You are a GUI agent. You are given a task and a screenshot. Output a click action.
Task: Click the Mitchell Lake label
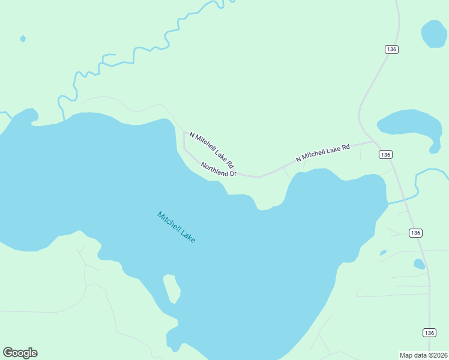coord(176,227)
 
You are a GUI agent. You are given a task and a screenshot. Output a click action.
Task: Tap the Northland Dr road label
coord(218,169)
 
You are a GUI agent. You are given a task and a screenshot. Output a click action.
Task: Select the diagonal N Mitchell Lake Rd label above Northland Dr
coord(211,150)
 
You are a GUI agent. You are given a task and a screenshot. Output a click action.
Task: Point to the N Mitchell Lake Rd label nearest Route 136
coord(322,152)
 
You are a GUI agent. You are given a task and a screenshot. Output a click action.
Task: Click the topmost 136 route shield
coord(392,49)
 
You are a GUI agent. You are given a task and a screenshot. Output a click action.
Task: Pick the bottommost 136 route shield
coord(429,332)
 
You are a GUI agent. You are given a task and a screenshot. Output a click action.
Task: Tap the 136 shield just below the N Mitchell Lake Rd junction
coord(385,155)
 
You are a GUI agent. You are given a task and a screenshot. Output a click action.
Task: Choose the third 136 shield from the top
coord(416,232)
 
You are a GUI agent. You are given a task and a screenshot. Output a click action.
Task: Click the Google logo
coord(20,353)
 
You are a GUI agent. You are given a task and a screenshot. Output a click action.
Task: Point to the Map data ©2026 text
coord(423,355)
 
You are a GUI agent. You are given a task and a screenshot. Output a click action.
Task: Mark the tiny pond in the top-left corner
coord(23,39)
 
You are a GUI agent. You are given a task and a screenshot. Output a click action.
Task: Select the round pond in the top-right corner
coord(433,34)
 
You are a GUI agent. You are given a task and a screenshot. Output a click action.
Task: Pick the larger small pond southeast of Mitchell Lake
coord(419,263)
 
